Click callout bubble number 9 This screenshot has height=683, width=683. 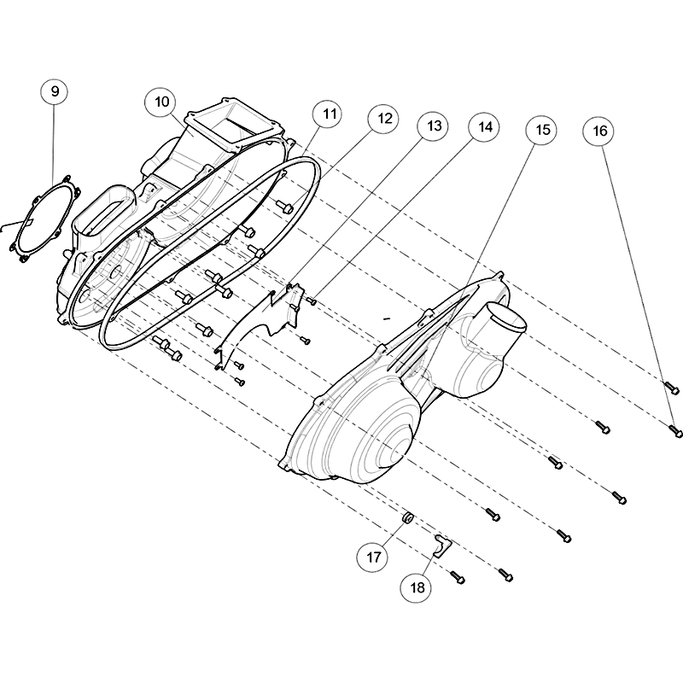[55, 91]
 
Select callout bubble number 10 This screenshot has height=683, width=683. [161, 102]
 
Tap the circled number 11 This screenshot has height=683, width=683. [329, 114]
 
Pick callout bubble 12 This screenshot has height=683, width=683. [385, 118]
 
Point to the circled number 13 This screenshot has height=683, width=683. [434, 126]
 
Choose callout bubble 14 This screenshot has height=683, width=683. [485, 126]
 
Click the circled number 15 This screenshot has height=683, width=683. [542, 130]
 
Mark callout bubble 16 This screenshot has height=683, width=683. [600, 131]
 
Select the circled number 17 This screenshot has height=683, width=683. [373, 557]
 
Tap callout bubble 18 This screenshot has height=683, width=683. [417, 587]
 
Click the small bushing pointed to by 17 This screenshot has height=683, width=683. [408, 518]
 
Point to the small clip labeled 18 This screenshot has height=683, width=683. [442, 546]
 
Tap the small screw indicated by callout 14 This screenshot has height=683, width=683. [312, 301]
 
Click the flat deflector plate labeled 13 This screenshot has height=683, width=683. [261, 323]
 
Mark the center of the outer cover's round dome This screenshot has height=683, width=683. [389, 453]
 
